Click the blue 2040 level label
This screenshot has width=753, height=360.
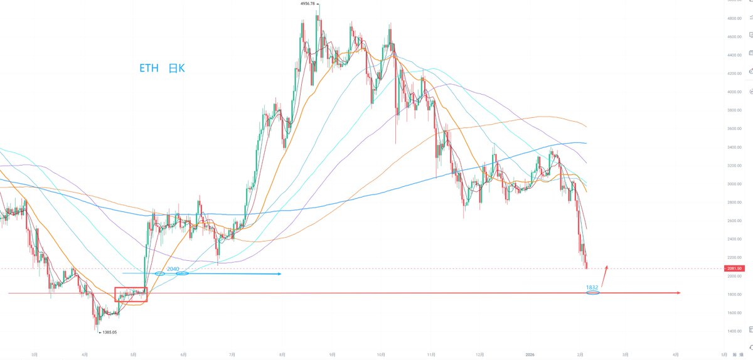click(x=173, y=268)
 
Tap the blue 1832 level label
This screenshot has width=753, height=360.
click(x=592, y=287)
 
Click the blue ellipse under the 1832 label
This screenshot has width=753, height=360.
click(x=592, y=293)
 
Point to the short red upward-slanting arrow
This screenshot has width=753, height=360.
click(x=605, y=274)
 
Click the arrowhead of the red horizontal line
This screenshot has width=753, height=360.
click(x=679, y=293)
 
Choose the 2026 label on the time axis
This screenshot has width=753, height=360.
click(x=531, y=354)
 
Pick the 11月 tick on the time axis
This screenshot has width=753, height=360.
click(x=431, y=354)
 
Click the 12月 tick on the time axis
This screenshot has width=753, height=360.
click(x=480, y=354)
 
